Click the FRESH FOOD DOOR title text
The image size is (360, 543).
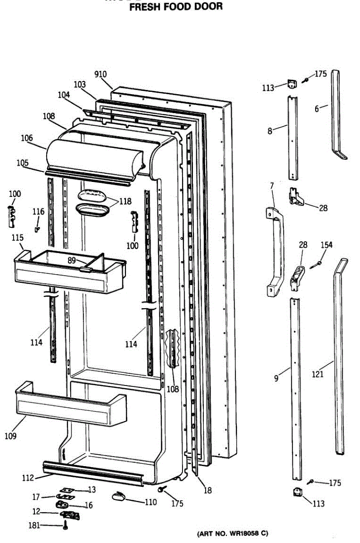[x=176, y=7]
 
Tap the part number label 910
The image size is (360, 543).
[x=101, y=74]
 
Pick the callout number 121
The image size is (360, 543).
[x=318, y=374]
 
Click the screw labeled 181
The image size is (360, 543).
[x=66, y=525]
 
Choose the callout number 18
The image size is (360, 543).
[x=207, y=490]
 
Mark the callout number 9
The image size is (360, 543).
[x=276, y=379]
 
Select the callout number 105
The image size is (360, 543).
[x=22, y=163]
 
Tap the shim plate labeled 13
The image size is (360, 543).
[x=68, y=490]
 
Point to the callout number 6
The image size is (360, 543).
[x=317, y=108]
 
